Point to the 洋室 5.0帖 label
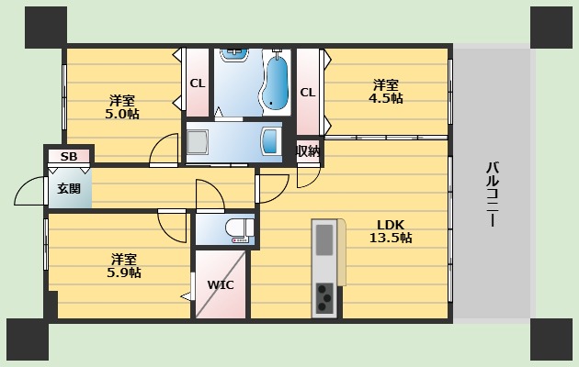121,106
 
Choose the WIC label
221,284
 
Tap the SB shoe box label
69,157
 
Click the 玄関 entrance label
69,189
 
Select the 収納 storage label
308,150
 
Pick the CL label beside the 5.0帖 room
197,83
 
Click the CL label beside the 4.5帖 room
308,92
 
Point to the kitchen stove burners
326,295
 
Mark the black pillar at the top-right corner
551,28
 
